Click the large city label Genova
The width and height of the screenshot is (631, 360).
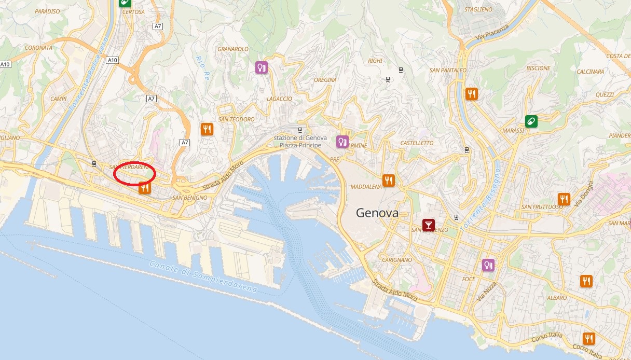[x=377, y=213]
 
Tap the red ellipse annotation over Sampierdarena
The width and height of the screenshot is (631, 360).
[x=134, y=173]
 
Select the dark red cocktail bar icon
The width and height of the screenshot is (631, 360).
[x=428, y=225]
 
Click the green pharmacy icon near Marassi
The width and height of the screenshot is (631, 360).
[x=531, y=121]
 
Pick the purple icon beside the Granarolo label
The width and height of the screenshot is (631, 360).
[x=261, y=67]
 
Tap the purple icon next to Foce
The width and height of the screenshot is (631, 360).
[x=488, y=265]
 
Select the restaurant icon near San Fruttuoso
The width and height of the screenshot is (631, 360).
[x=564, y=199]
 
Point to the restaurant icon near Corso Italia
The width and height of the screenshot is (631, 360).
[x=588, y=339]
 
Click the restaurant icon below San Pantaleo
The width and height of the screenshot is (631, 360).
[x=472, y=94]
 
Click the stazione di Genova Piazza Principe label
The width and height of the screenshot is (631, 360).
[x=300, y=142]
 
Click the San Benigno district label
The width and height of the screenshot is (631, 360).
[x=190, y=198]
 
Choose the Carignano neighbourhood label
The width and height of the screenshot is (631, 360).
[x=396, y=260]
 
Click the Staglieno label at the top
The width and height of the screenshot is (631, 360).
[x=478, y=9]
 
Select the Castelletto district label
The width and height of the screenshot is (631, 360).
[x=417, y=143]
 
